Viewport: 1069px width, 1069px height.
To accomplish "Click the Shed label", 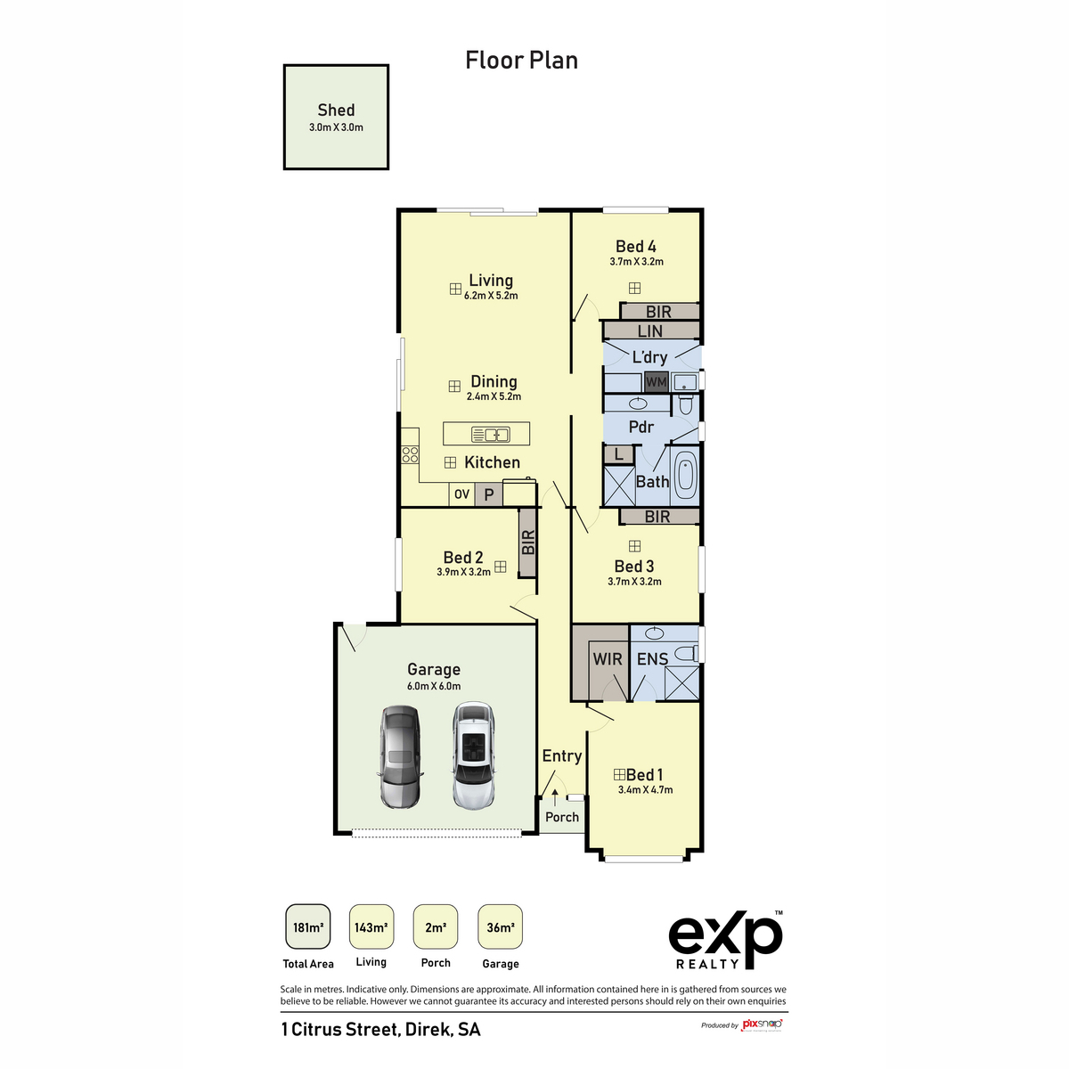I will pos(336,110).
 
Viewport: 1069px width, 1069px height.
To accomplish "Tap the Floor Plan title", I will pos(521,61).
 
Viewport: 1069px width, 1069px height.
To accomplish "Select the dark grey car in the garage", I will pos(400,756).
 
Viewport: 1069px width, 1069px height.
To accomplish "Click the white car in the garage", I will pos(473,755).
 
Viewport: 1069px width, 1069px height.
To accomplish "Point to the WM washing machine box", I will pos(656,382).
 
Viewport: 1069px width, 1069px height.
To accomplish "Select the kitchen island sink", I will pos(490,435).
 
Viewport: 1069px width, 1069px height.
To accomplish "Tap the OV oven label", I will pos(461,494).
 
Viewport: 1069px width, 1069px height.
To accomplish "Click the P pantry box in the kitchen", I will pos(488,494).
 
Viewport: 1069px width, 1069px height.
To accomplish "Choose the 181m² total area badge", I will pos(308,927).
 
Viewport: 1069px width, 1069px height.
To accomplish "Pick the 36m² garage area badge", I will pos(500,927).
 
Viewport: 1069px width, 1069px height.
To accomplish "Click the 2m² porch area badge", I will pos(436,927).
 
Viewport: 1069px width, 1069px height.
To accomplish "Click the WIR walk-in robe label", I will pos(608,659).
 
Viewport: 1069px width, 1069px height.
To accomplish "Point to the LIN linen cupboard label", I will pos(650,331).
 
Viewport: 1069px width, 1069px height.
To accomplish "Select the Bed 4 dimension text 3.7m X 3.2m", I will pos(636,262).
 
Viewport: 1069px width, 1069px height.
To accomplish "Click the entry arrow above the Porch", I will pos(555,794).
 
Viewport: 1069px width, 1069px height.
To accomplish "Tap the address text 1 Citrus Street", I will pos(380,1030).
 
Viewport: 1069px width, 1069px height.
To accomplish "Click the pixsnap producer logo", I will pos(762,1024).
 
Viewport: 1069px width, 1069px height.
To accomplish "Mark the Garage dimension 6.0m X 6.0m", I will pos(434,686).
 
